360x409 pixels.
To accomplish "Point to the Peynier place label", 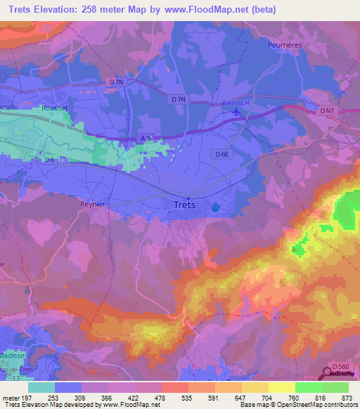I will click(91, 203).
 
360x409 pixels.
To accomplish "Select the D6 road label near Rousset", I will click(49, 160).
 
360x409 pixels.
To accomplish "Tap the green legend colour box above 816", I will click(308, 387).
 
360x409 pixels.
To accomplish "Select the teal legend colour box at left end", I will click(41, 387).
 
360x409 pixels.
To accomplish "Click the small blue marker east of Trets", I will click(214, 207).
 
